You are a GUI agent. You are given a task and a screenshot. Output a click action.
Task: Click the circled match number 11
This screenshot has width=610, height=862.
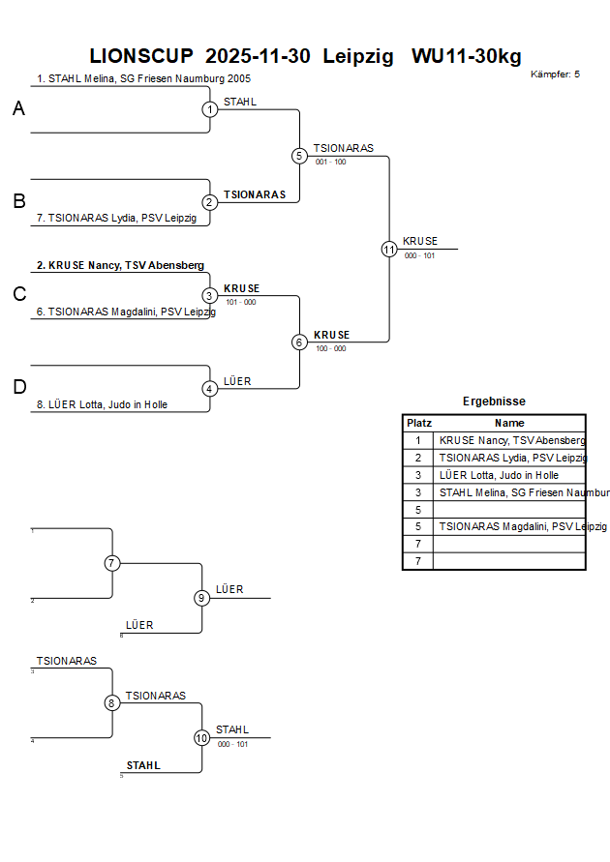[x=389, y=250]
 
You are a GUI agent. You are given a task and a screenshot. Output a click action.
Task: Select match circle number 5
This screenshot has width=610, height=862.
[x=299, y=156]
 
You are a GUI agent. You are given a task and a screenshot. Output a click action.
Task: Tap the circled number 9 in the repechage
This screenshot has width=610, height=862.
[x=201, y=598]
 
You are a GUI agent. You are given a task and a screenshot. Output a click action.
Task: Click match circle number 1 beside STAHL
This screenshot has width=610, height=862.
[x=210, y=109]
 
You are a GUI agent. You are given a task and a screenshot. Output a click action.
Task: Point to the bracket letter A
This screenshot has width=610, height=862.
[x=18, y=109]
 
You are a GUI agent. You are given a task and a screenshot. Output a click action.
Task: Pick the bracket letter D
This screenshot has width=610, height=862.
[x=18, y=388]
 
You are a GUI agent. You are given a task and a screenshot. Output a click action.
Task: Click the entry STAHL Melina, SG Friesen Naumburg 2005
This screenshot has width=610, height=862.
[x=143, y=78]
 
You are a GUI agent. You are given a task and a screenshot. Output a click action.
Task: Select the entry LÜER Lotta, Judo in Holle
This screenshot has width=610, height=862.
[x=107, y=404]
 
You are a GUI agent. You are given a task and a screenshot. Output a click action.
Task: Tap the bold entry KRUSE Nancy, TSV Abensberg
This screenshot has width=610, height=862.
[x=120, y=264]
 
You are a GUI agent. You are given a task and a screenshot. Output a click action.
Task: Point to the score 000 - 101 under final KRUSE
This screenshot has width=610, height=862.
[x=420, y=256]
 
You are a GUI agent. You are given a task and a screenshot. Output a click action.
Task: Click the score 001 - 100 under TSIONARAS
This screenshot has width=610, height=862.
[x=330, y=163]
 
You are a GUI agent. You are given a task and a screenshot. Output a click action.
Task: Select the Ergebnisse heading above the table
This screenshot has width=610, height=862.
[x=494, y=401]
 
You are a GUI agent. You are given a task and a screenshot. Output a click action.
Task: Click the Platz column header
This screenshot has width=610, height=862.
[x=418, y=423]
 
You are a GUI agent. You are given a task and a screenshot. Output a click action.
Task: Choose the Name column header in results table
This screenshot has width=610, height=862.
[x=509, y=423]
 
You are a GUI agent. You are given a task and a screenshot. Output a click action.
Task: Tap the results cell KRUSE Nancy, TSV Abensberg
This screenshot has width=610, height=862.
[x=511, y=440]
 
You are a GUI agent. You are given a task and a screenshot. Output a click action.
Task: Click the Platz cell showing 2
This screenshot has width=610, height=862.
[x=418, y=458]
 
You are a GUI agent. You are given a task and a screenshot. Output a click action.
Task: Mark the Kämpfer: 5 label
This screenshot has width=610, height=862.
[x=555, y=74]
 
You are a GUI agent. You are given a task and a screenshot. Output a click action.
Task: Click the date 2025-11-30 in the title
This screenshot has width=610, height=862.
[x=259, y=56]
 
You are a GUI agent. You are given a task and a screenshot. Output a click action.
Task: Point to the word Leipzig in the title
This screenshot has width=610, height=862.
[x=358, y=56]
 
